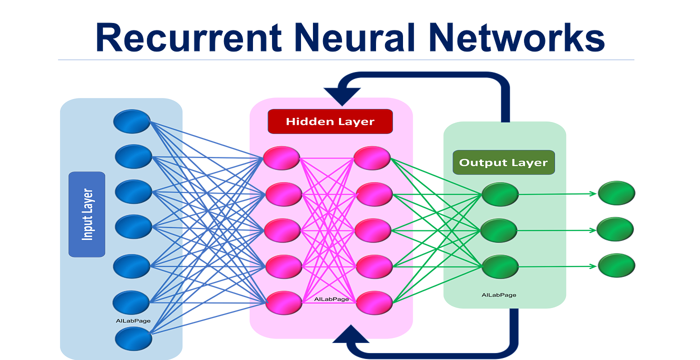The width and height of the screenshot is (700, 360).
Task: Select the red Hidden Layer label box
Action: pyautogui.click(x=330, y=121)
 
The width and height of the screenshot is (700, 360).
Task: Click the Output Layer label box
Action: pyautogui.click(x=503, y=162)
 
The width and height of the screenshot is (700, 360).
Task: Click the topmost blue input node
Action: pyautogui.click(x=131, y=121)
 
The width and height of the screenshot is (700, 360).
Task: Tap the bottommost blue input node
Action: pyautogui.click(x=133, y=338)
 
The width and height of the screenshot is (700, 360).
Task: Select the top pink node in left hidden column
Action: pyautogui.click(x=281, y=158)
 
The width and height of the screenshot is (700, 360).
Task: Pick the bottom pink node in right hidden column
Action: pyautogui.click(x=374, y=302)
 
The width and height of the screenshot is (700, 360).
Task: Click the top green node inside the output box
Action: pyautogui.click(x=500, y=194)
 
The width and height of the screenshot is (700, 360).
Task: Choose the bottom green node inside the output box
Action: pyautogui.click(x=500, y=266)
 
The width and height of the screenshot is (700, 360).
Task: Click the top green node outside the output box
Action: pyautogui.click(x=616, y=192)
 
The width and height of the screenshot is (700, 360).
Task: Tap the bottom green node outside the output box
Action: pyautogui.click(x=616, y=264)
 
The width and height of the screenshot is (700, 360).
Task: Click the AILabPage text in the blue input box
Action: pyautogui.click(x=133, y=320)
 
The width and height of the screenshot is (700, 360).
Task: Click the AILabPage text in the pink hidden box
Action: pyautogui.click(x=331, y=299)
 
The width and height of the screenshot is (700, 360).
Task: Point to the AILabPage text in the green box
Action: pyautogui.click(x=498, y=295)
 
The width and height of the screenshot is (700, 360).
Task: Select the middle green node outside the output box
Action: pyautogui.click(x=616, y=228)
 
